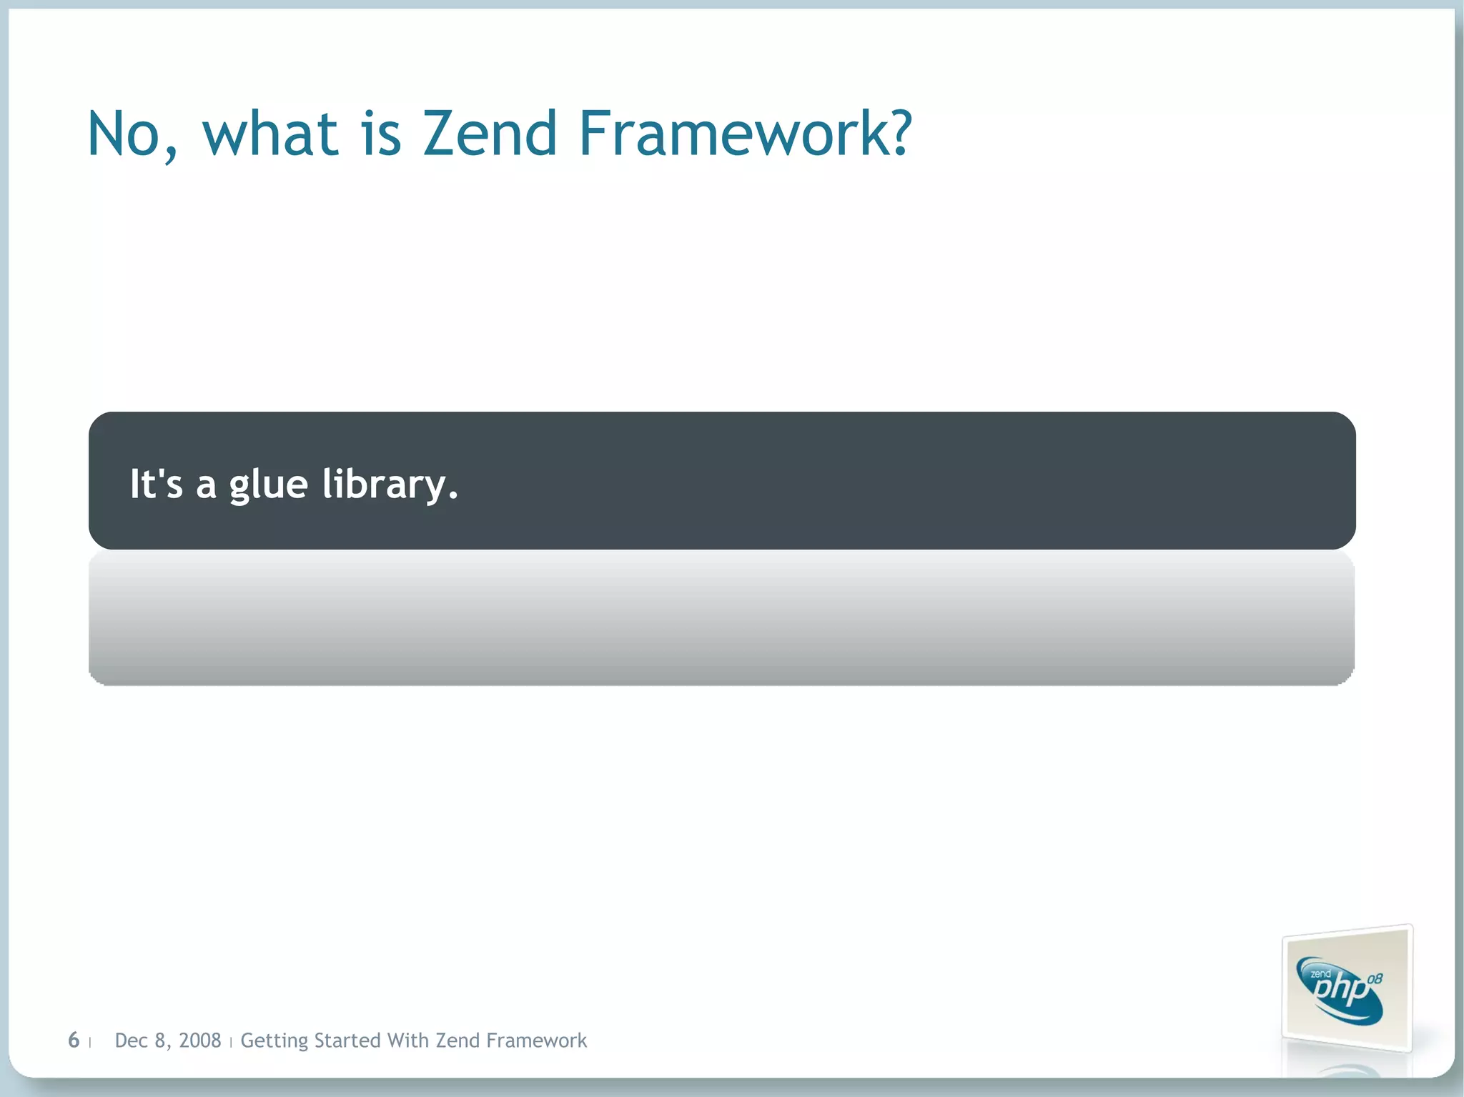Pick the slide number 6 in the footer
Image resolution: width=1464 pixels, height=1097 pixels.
pos(74,1040)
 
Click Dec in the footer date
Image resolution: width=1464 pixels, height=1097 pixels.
pos(131,1041)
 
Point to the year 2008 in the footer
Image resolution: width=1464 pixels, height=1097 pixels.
pos(199,1041)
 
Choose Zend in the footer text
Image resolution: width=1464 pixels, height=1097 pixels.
pos(457,1041)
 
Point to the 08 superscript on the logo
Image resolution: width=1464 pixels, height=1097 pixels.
pos(1375,979)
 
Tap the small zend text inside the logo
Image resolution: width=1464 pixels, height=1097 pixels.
pos(1320,974)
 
